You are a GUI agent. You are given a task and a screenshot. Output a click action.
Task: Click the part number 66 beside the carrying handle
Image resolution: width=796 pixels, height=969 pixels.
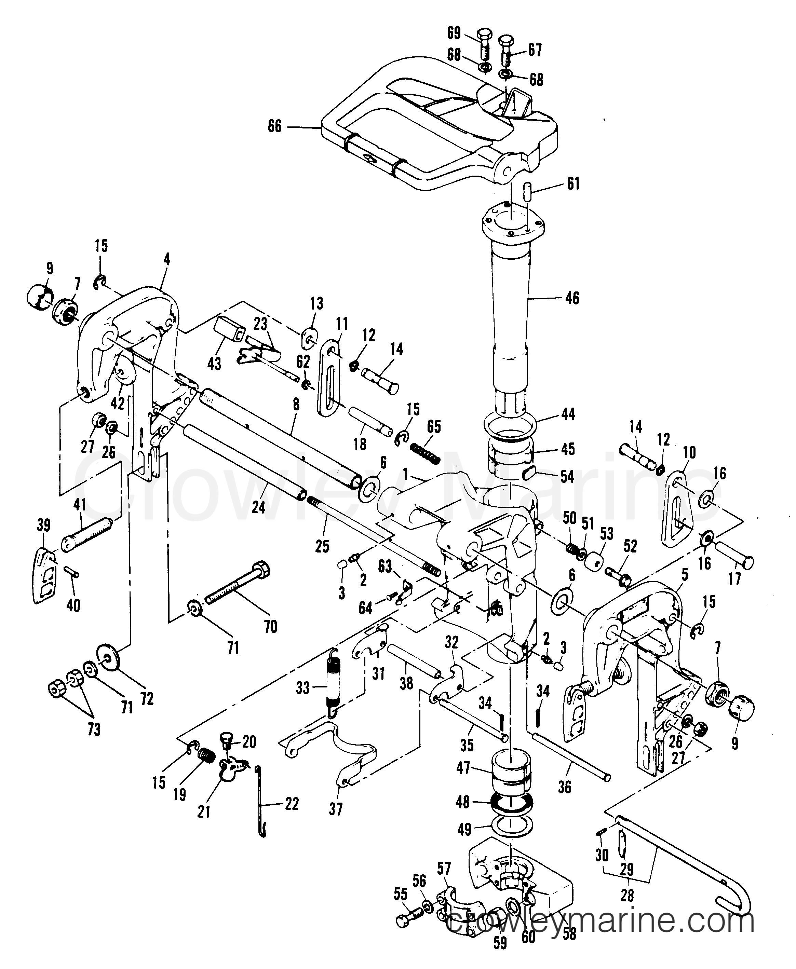click(x=275, y=126)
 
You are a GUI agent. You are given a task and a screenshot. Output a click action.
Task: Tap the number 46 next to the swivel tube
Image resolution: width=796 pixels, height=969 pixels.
click(x=572, y=298)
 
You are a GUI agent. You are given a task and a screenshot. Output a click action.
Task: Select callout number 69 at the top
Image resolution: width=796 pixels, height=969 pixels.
click(x=454, y=33)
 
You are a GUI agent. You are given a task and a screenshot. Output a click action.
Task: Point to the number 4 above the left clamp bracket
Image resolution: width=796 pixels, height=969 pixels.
click(x=167, y=259)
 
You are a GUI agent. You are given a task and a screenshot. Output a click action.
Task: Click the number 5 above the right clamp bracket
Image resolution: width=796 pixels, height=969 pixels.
click(x=685, y=574)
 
